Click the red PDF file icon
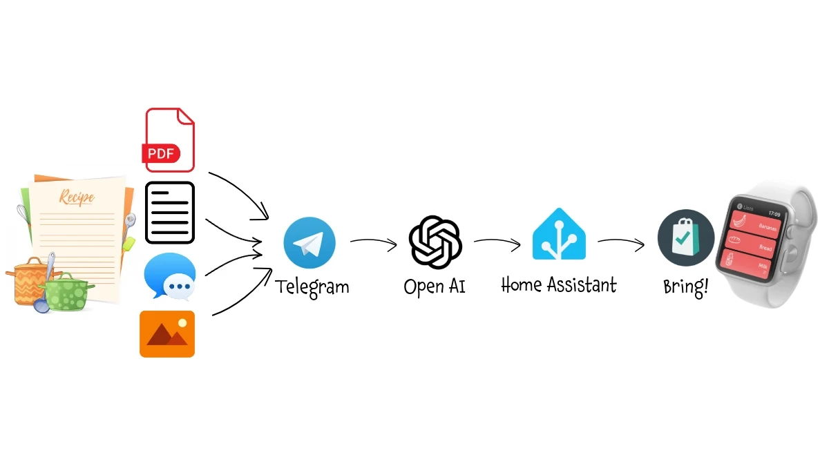pyautogui.click(x=169, y=139)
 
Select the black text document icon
pyautogui.click(x=169, y=213)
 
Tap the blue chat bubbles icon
pyautogui.click(x=169, y=278)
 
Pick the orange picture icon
pyautogui.click(x=167, y=334)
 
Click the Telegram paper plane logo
pyautogui.click(x=309, y=242)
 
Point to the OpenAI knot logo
pyautogui.click(x=435, y=241)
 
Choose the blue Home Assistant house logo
pyautogui.click(x=558, y=235)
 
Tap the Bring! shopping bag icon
pyautogui.click(x=685, y=237)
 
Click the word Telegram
pyautogui.click(x=312, y=286)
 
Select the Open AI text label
pyautogui.click(x=435, y=286)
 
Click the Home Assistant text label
pyautogui.click(x=558, y=284)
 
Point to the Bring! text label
pyautogui.click(x=685, y=287)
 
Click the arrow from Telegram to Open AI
pyautogui.click(x=374, y=242)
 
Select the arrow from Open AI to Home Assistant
pyautogui.click(x=497, y=242)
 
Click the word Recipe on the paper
pyautogui.click(x=77, y=197)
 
